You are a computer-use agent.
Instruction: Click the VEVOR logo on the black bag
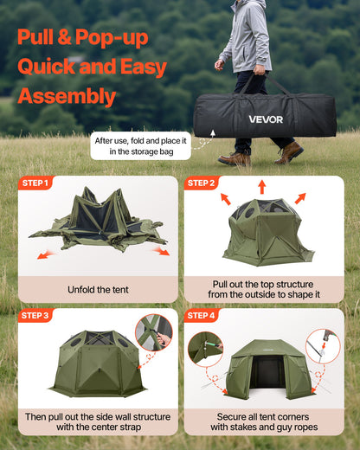[265, 119]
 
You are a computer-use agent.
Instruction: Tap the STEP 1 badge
[35, 183]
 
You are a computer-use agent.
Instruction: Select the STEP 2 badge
[201, 183]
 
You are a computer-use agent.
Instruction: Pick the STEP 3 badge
[35, 316]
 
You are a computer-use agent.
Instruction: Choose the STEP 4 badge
[201, 316]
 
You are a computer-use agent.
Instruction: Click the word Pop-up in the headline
[112, 37]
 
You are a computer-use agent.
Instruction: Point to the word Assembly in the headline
[67, 96]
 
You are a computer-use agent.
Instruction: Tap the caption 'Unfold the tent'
[98, 289]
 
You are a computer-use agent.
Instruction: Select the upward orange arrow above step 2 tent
[262, 186]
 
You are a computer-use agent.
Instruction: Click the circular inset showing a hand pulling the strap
[153, 332]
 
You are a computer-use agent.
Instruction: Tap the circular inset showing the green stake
[205, 349]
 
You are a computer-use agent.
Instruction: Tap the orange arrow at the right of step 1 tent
[161, 251]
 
